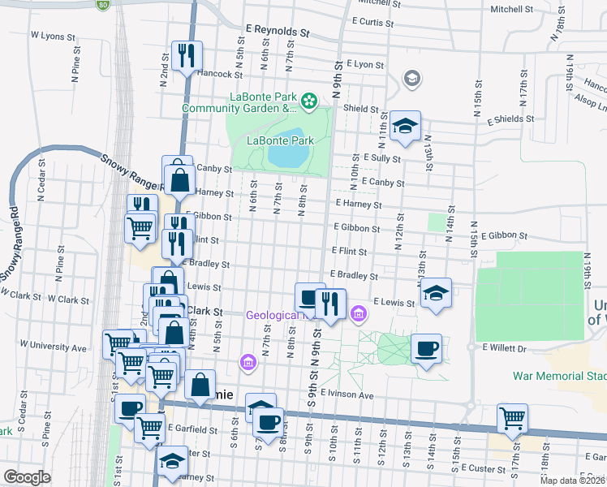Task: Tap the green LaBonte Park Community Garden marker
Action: [x=308, y=101]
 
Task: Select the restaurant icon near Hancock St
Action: [x=187, y=54]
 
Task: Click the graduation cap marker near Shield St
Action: [x=405, y=125]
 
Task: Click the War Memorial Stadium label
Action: [x=560, y=376]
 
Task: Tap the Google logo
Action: [x=27, y=477]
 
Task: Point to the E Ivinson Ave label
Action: [x=347, y=395]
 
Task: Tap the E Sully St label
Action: [x=383, y=157]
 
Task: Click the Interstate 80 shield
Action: [x=102, y=5]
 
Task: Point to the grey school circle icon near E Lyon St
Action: [x=412, y=79]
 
